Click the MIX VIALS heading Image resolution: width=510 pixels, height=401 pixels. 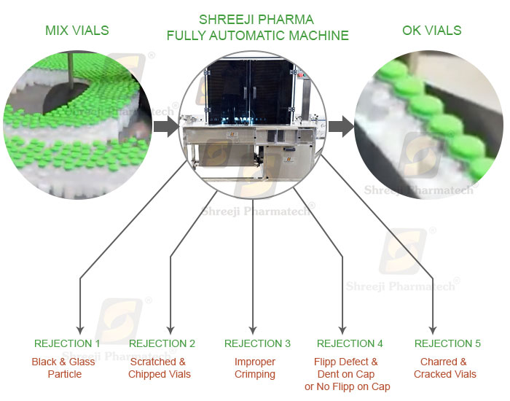(76, 31)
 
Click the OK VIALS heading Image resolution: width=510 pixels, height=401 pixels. (431, 31)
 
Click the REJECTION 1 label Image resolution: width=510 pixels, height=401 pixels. (67, 343)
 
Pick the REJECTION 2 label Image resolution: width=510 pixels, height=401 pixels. (162, 343)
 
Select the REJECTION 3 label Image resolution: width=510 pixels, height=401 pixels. (257, 343)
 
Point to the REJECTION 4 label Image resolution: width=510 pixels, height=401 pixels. (350, 343)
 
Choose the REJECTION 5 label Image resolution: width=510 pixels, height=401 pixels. (447, 343)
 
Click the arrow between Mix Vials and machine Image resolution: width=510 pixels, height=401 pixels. (166, 128)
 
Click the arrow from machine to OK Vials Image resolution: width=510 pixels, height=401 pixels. (340, 128)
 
